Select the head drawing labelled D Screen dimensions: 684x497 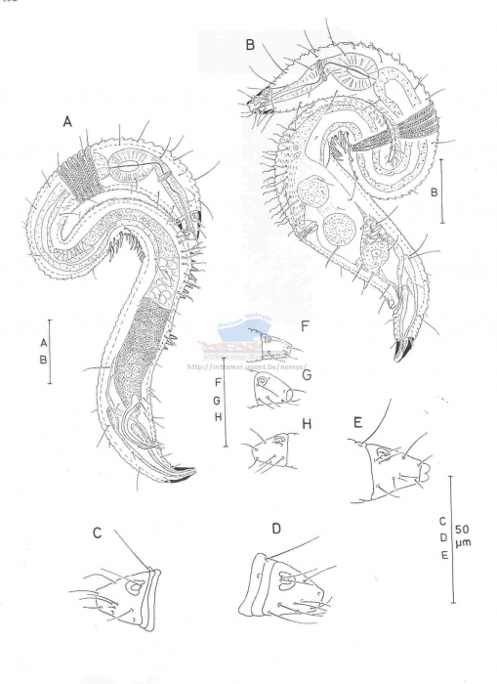tap(288, 586)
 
